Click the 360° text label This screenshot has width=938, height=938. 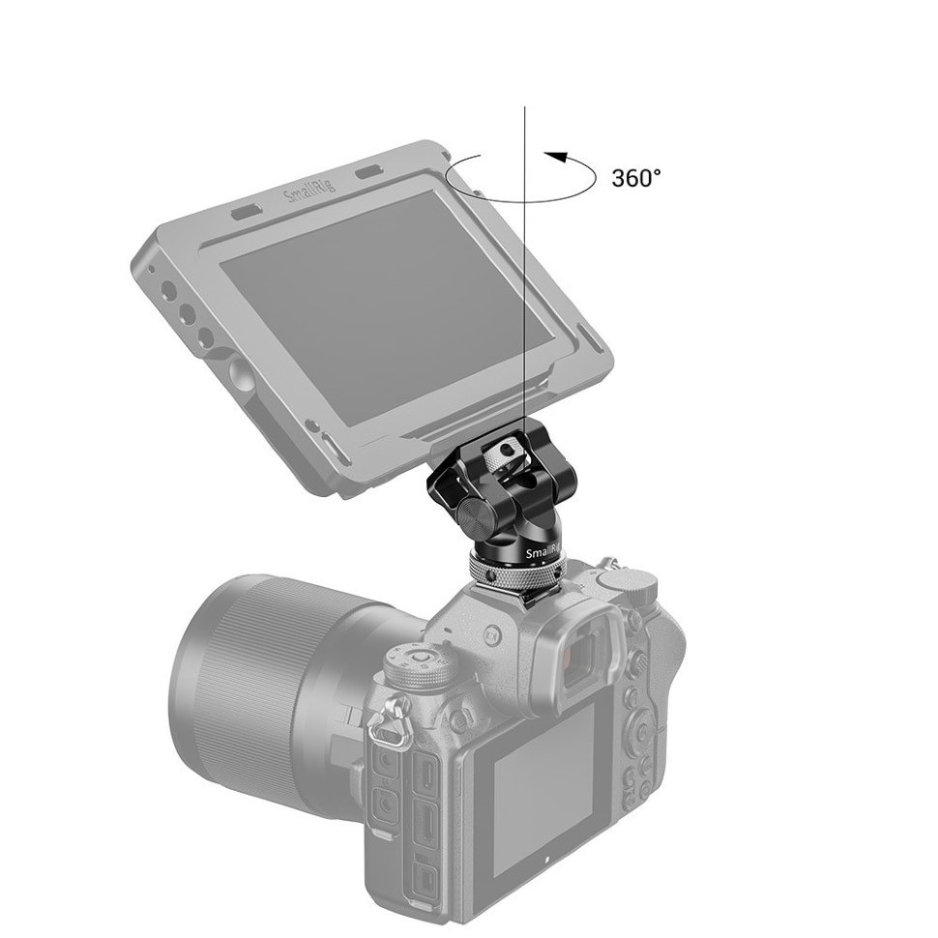coord(636,178)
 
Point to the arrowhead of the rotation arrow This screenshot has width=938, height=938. coord(550,155)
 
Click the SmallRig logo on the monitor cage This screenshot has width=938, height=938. coord(309,193)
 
